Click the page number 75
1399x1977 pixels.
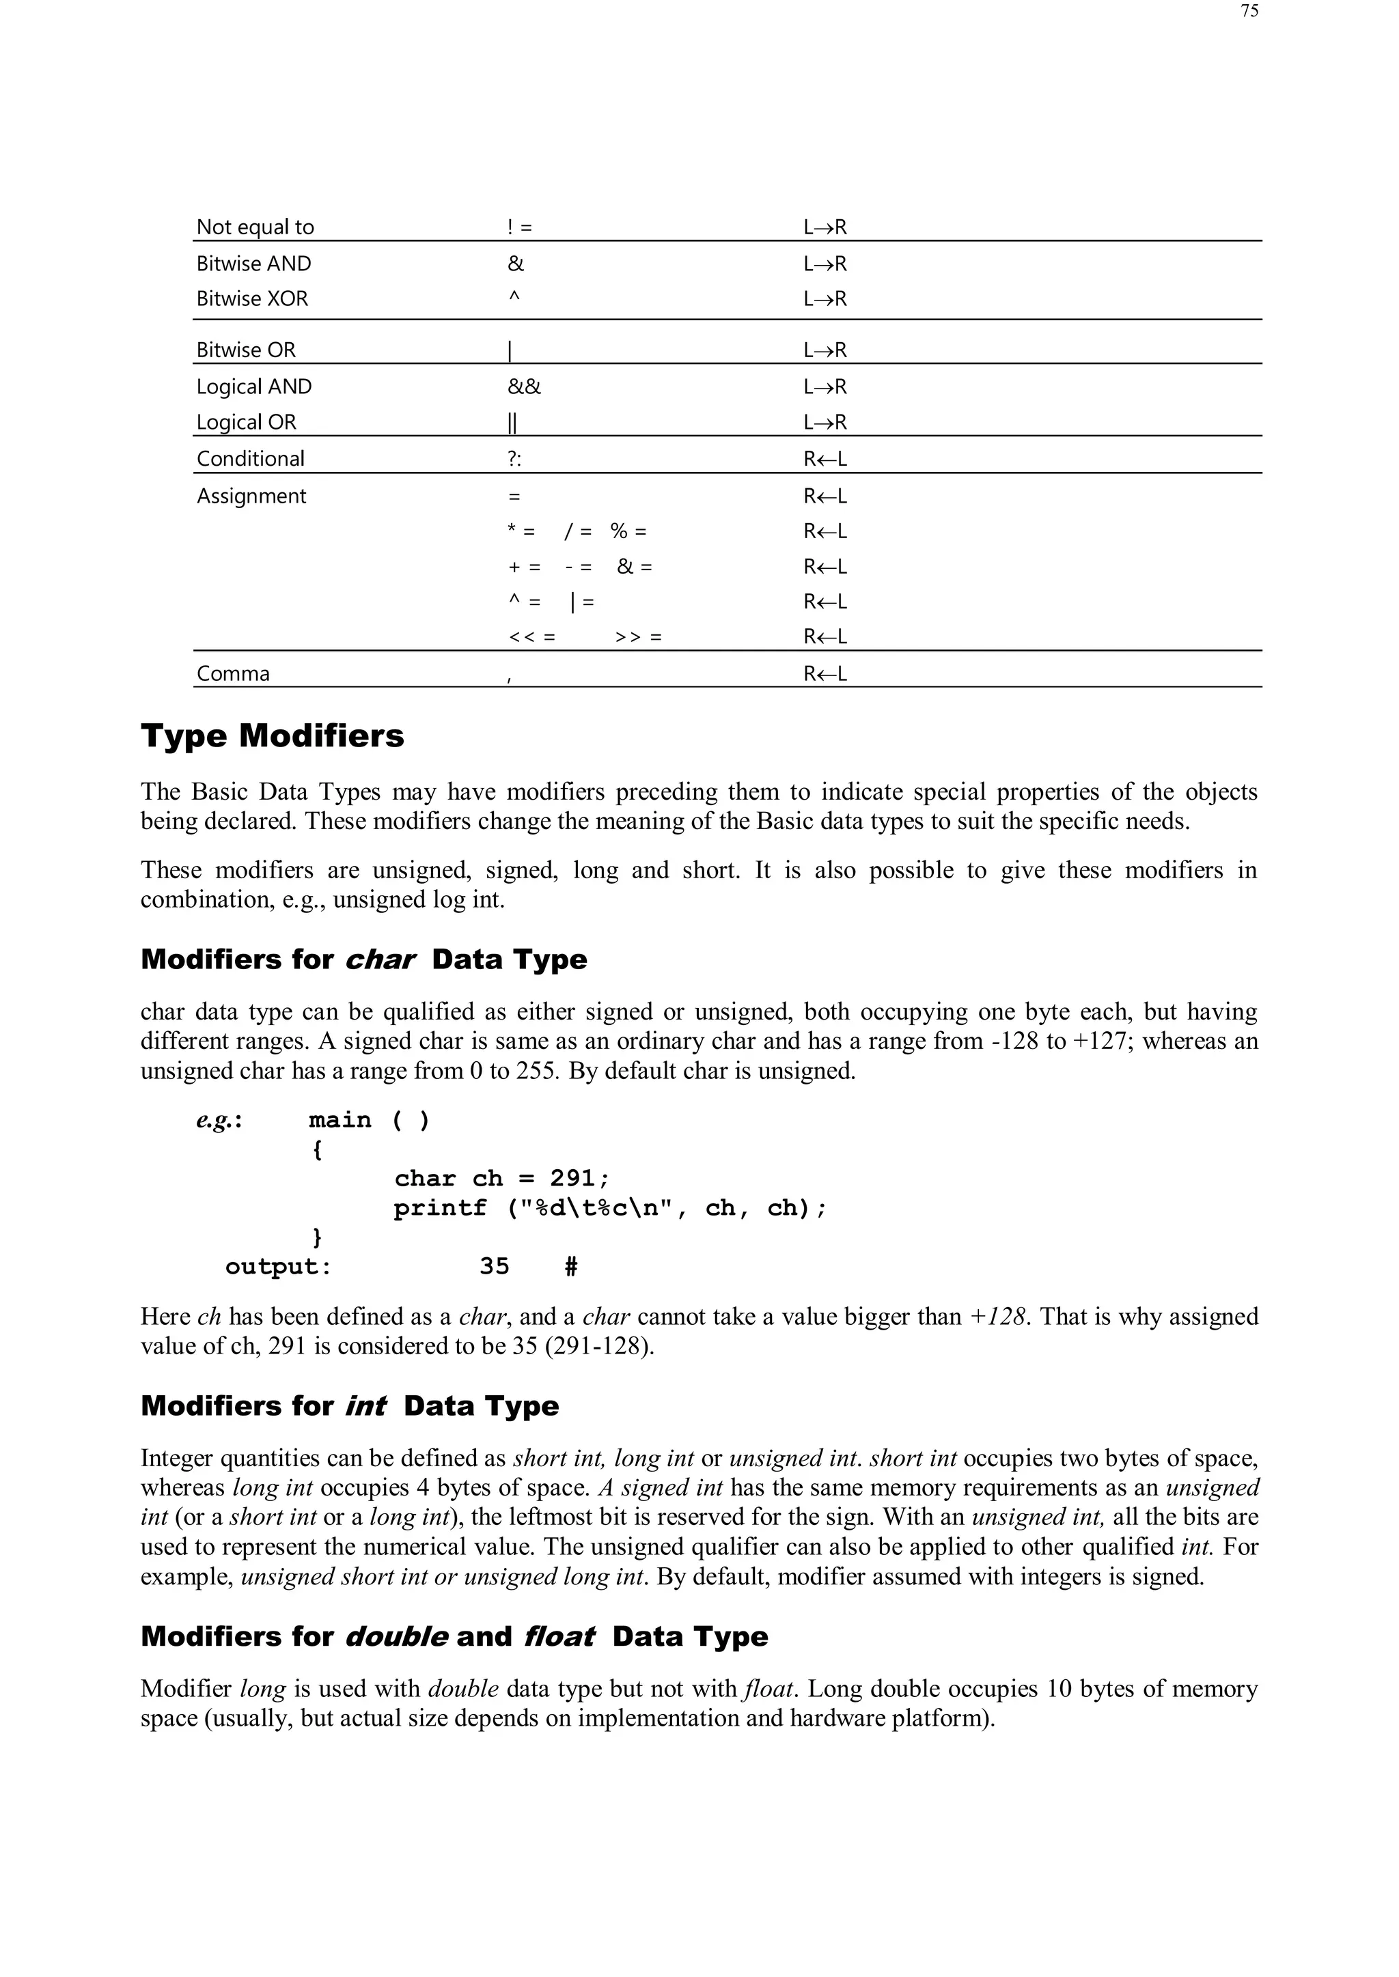click(x=1249, y=11)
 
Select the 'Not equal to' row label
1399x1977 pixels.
click(x=255, y=227)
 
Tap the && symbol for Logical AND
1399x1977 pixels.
click(x=524, y=387)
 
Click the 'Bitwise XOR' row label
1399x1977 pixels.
click(x=251, y=299)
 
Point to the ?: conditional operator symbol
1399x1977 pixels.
click(x=514, y=459)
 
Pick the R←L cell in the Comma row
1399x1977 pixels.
click(x=825, y=674)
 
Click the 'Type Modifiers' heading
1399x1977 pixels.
click(x=273, y=736)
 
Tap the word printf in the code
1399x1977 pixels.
click(x=439, y=1208)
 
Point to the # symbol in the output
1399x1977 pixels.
click(x=570, y=1267)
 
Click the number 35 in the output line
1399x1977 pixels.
click(x=495, y=1267)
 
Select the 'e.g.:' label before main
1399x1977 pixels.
click(x=219, y=1120)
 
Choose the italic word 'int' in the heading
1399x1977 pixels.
click(x=365, y=1406)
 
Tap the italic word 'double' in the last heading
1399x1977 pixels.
click(x=396, y=1637)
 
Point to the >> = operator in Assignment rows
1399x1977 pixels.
click(x=638, y=638)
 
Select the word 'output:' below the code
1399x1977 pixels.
click(x=278, y=1267)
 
